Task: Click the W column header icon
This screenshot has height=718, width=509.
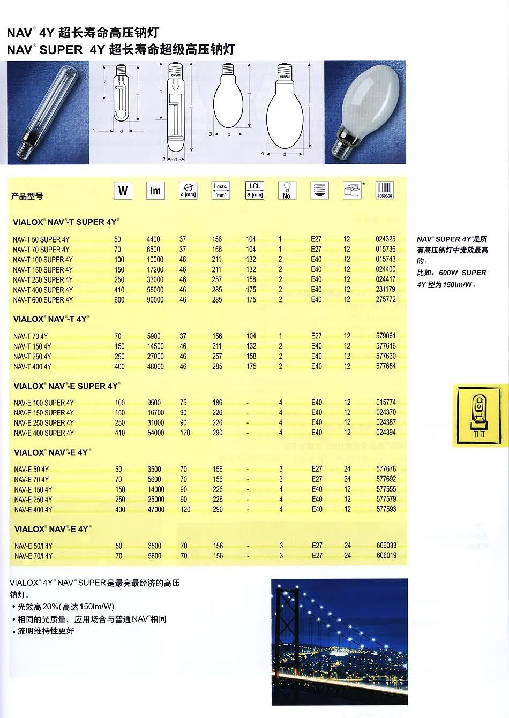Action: [x=123, y=191]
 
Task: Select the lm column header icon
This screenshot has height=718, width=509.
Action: [x=155, y=191]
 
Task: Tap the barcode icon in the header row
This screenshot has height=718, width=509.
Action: [x=385, y=190]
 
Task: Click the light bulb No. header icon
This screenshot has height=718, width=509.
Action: [x=287, y=190]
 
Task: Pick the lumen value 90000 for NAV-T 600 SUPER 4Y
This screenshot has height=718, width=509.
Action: [x=155, y=300]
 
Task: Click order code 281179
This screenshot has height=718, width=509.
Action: [x=386, y=290]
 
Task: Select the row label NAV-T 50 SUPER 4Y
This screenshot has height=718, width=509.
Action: [x=41, y=239]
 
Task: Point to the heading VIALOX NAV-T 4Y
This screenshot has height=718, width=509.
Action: [x=50, y=319]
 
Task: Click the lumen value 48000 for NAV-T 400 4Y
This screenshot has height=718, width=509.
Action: [x=155, y=367]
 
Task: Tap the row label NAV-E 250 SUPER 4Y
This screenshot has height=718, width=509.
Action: [x=44, y=423]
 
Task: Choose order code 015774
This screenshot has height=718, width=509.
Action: [x=386, y=403]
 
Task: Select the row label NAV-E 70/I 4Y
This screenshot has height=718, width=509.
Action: [x=33, y=556]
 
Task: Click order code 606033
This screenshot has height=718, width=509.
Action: [x=386, y=546]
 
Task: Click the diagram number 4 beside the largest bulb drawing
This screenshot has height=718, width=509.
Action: [x=263, y=154]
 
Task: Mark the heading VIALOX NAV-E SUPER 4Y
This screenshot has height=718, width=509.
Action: [x=66, y=386]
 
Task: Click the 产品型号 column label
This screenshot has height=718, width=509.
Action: [x=27, y=196]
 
